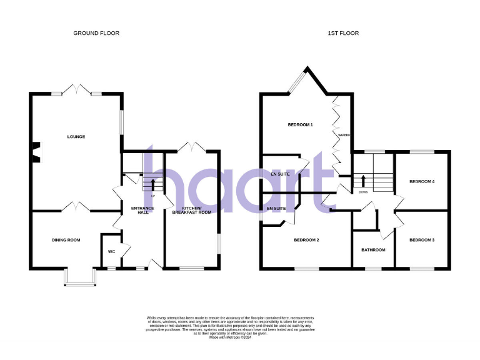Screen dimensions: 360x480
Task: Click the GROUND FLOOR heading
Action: [96, 33]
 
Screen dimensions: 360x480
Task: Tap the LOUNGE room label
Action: [76, 137]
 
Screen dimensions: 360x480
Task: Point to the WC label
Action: [111, 252]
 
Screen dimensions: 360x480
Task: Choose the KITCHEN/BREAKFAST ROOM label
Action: [192, 211]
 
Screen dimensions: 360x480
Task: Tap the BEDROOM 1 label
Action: [300, 125]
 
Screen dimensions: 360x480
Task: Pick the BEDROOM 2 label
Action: [307, 240]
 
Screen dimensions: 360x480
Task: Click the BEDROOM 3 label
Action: [421, 240]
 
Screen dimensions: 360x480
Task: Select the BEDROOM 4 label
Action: [421, 182]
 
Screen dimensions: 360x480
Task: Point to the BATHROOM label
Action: [373, 250]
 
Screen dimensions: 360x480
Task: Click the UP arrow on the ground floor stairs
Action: [151, 184]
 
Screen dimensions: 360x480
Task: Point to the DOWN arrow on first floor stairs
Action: [363, 181]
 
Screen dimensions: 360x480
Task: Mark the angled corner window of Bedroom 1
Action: [296, 81]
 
